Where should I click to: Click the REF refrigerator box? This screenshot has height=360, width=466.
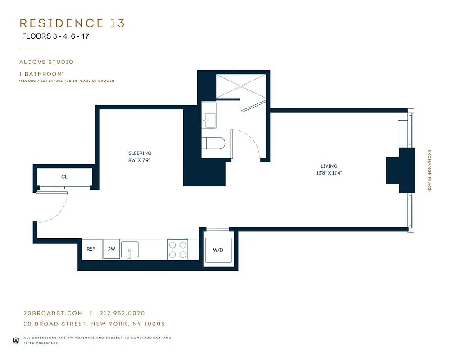(x=91, y=249)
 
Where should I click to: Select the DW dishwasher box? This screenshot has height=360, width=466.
(x=111, y=249)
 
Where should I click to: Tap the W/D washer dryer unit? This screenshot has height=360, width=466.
(x=218, y=250)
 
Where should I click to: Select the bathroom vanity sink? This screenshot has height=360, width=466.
(x=210, y=118)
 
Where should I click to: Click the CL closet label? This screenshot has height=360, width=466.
(x=64, y=177)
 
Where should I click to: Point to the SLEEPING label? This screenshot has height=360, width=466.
(x=140, y=153)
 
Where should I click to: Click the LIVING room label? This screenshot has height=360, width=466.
(x=329, y=166)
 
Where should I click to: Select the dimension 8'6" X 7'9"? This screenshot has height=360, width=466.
(x=140, y=160)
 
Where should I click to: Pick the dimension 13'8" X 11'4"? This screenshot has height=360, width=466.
(x=329, y=173)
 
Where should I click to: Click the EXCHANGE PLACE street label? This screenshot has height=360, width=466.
(x=429, y=171)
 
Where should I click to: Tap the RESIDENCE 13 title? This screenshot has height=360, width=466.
(x=72, y=23)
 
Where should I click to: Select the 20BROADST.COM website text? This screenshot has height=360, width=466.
(x=53, y=313)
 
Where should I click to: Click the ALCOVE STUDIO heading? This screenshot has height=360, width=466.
(x=46, y=62)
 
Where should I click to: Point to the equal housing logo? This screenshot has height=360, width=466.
(x=16, y=340)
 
